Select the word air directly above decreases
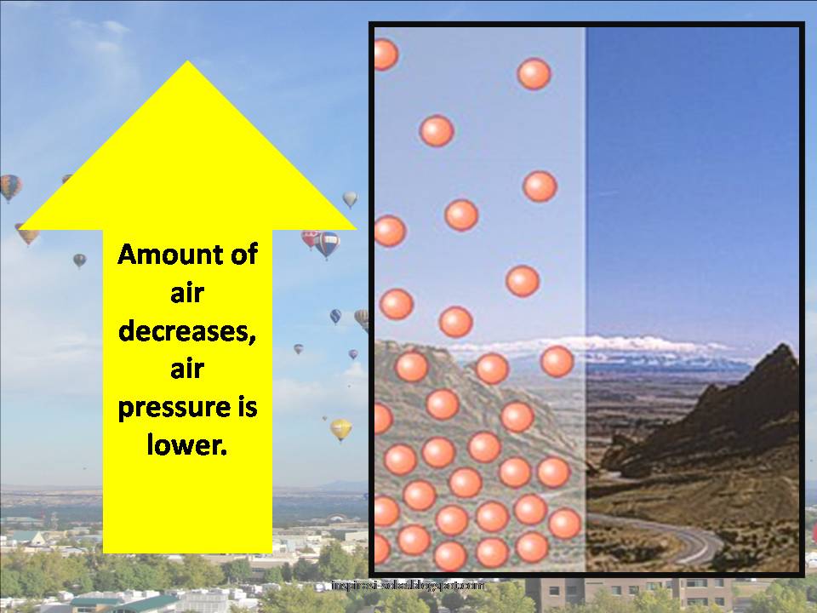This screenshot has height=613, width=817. click(x=187, y=294)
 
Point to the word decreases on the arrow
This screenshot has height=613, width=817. click(x=187, y=331)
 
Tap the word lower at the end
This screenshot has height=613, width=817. click(x=187, y=445)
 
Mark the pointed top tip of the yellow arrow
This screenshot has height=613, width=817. click(x=187, y=63)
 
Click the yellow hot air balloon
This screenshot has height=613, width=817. click(x=340, y=428)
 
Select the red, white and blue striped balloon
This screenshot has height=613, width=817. click(x=326, y=243)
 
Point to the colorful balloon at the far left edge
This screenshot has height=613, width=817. click(x=9, y=186)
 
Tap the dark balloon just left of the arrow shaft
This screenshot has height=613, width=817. click(x=79, y=260)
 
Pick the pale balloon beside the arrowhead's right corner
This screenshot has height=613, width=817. click(x=350, y=198)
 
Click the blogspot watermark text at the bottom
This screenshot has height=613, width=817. click(x=408, y=587)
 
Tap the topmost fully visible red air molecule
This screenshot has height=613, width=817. click(x=534, y=74)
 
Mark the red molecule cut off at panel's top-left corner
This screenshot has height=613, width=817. click(x=384, y=54)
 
